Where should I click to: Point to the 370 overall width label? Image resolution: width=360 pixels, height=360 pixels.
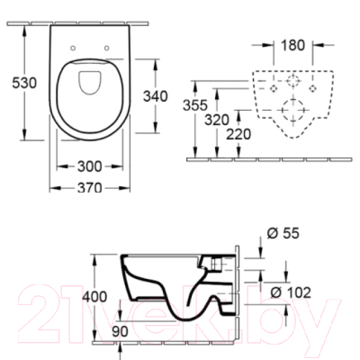pos(88,188)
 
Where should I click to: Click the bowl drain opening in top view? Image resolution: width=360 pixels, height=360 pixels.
pos(88,84)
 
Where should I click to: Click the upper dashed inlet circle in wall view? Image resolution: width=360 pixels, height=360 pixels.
pos(291,80)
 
